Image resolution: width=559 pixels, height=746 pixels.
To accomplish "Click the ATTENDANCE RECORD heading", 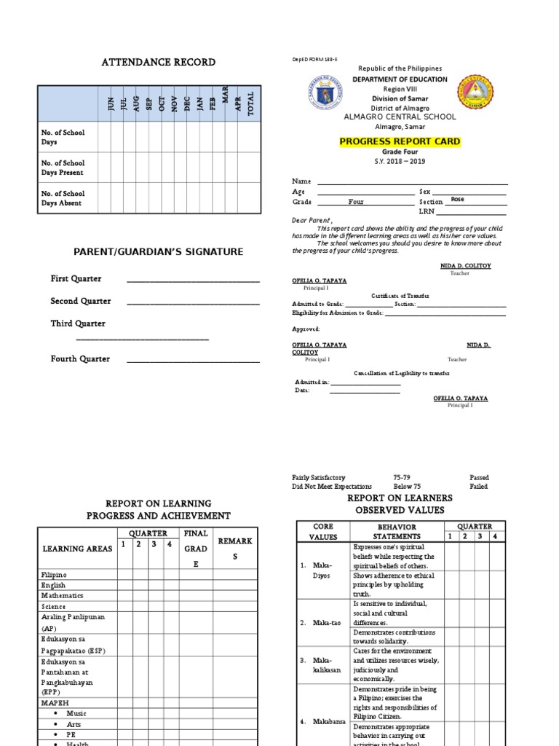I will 158,62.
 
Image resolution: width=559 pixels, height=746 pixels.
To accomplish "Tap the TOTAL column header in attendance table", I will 251,103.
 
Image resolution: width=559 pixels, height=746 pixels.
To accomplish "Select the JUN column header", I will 111,103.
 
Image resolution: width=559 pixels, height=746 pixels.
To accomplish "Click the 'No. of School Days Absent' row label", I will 63,198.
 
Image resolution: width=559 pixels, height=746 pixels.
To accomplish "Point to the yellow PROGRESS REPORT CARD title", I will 401,141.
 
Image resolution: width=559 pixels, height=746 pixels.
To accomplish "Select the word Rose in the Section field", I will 457,199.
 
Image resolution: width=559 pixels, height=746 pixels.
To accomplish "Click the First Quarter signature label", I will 76,279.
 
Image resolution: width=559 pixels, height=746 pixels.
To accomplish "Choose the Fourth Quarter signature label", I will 80,359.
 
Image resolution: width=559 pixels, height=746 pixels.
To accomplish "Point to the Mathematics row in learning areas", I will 63,596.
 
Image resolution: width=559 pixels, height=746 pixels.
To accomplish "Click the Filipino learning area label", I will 53,575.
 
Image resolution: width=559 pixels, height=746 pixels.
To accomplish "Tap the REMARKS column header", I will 235,549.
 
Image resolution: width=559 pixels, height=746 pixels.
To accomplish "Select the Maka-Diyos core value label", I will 321,570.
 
